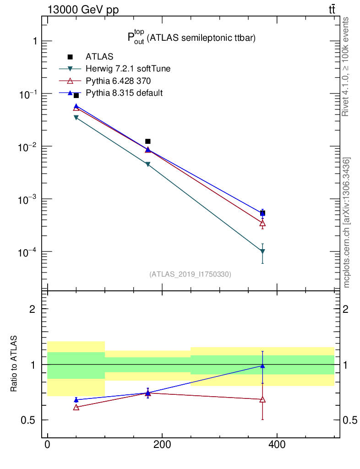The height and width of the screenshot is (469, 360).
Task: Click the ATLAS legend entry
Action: pos(99,57)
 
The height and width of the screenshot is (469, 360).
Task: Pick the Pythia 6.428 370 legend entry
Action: pos(118,81)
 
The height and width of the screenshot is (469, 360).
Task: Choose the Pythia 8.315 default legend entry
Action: pos(124,93)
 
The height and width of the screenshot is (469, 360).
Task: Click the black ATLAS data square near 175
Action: pos(147,142)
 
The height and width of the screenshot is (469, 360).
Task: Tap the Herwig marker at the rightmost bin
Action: pos(262,251)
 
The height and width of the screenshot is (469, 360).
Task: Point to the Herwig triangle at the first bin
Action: pos(76,118)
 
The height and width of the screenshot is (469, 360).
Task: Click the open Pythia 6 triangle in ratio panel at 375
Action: pos(262,399)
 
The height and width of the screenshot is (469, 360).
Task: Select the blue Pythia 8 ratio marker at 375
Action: pos(262,366)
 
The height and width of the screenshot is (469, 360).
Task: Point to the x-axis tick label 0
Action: pos(48,445)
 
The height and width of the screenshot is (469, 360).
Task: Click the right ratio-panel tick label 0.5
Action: pos(349,420)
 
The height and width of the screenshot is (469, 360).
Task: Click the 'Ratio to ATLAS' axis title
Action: pos(14,364)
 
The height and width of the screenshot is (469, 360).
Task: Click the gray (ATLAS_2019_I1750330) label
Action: pos(190,274)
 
